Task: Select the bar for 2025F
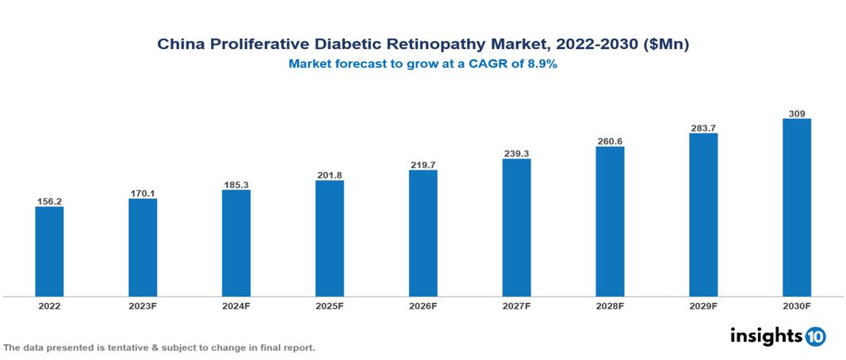click(x=329, y=238)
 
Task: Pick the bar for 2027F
click(x=516, y=228)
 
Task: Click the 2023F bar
click(x=143, y=247)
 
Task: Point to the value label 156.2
click(x=49, y=201)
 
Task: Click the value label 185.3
click(x=236, y=184)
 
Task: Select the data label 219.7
click(x=423, y=165)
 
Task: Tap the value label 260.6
click(x=610, y=141)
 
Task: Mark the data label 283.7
click(x=703, y=128)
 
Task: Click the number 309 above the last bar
click(x=797, y=114)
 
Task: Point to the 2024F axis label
click(x=236, y=305)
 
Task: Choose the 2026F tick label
click(x=423, y=305)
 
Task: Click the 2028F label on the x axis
click(x=610, y=305)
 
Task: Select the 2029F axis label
click(x=703, y=305)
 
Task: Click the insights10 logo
click(x=777, y=335)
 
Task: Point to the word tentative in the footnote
click(x=124, y=347)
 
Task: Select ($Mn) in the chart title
click(x=668, y=45)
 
